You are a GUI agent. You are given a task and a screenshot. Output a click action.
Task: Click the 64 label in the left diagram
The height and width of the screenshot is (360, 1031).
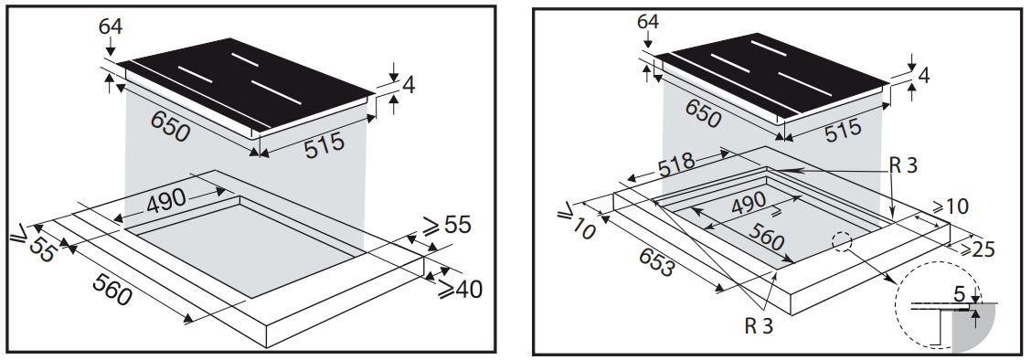[x=111, y=26]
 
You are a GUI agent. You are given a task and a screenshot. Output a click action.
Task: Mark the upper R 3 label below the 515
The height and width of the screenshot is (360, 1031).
[x=903, y=164]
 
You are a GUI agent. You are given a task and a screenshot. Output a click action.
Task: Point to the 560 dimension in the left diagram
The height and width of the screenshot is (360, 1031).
[x=112, y=290]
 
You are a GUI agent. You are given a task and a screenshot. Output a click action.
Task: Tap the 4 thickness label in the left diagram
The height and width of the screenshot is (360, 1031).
[x=409, y=85]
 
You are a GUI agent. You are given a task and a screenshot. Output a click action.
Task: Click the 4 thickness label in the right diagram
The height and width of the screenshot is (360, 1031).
[x=924, y=76]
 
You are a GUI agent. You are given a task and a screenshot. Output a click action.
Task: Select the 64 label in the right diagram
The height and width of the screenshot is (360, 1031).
[x=647, y=23]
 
